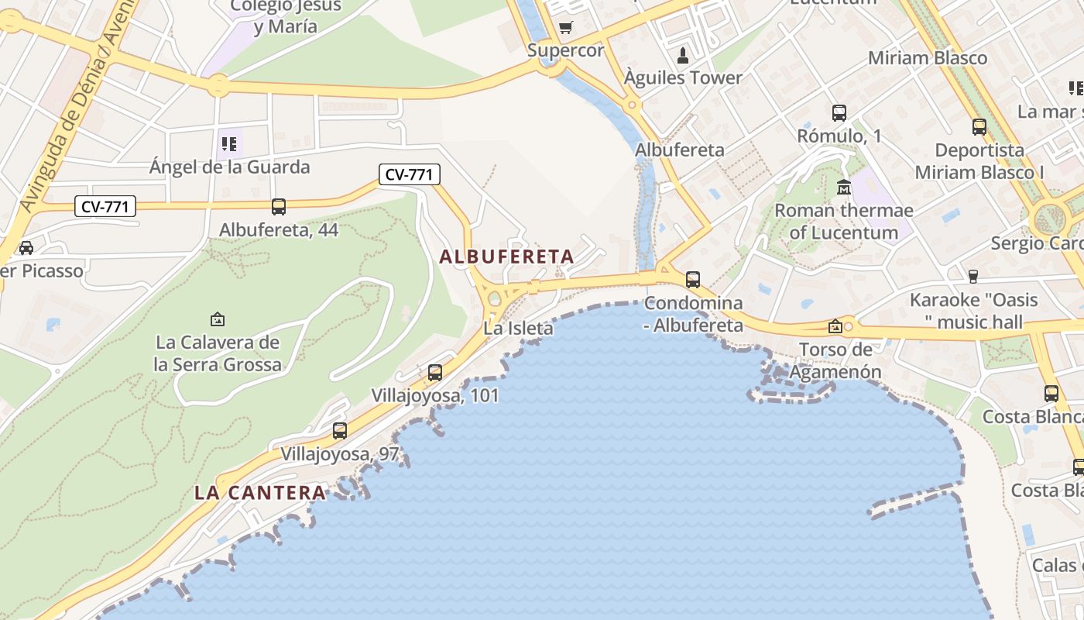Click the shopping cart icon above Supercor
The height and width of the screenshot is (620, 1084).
(x=566, y=28)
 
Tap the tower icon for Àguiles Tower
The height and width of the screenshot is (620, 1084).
(x=683, y=55)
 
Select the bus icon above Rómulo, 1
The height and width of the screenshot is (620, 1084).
(x=839, y=113)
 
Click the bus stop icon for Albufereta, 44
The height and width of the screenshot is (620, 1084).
(x=279, y=207)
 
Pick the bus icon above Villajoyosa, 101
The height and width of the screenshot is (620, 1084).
(x=435, y=373)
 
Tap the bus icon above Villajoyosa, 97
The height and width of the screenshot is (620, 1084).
(x=340, y=431)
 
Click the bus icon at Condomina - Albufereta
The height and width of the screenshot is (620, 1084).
(x=693, y=279)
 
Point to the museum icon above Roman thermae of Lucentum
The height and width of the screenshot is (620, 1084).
(x=844, y=187)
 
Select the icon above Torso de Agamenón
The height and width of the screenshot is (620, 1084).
(x=835, y=326)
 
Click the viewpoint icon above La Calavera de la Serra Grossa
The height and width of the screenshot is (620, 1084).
(x=218, y=319)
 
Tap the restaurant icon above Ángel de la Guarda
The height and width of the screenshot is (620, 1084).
(x=228, y=143)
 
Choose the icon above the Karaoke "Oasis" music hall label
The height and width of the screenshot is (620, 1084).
(x=974, y=276)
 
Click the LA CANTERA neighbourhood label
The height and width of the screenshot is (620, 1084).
(x=260, y=493)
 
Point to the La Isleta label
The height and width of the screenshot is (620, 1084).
(x=518, y=329)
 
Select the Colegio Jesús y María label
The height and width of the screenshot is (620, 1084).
(x=286, y=16)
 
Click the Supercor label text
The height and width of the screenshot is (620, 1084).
(x=565, y=50)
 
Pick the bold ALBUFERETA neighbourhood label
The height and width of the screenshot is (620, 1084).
(x=506, y=257)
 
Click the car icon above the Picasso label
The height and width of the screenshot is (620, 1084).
(x=26, y=247)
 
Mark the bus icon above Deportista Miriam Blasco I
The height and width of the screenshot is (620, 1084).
(x=979, y=127)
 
